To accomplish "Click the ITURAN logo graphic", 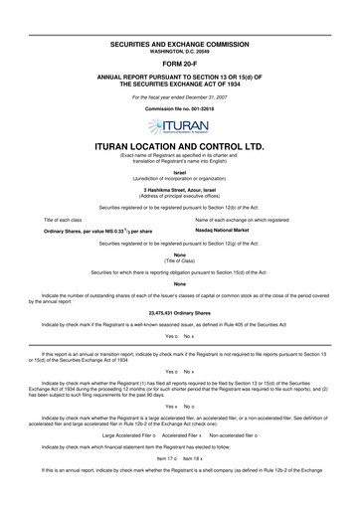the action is [179, 125].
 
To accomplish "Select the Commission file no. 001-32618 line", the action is [179, 109].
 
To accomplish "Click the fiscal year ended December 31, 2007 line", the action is [179, 96].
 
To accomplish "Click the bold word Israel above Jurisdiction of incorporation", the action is [179, 172].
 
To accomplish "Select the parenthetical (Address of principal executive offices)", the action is [179, 195].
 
